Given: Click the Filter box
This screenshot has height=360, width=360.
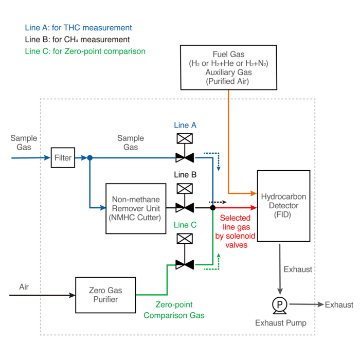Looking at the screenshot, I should click(x=63, y=158).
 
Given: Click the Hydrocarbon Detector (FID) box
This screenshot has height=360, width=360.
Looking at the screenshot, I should click(x=283, y=206).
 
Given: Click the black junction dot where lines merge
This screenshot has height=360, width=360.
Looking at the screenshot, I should click(x=212, y=208).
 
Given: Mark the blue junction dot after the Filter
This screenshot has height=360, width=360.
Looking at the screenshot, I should click(x=89, y=158).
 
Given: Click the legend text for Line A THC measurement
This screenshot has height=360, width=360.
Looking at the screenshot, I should click(x=78, y=28).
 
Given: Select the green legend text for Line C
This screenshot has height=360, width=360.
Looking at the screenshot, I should click(x=85, y=51).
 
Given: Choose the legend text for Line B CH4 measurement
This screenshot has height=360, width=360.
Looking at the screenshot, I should click(x=77, y=40).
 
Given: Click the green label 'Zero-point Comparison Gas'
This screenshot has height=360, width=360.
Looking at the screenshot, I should click(x=174, y=310).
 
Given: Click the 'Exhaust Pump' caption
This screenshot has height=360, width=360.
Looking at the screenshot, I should click(x=280, y=323).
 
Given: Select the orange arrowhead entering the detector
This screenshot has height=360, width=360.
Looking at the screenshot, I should click(x=253, y=194).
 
